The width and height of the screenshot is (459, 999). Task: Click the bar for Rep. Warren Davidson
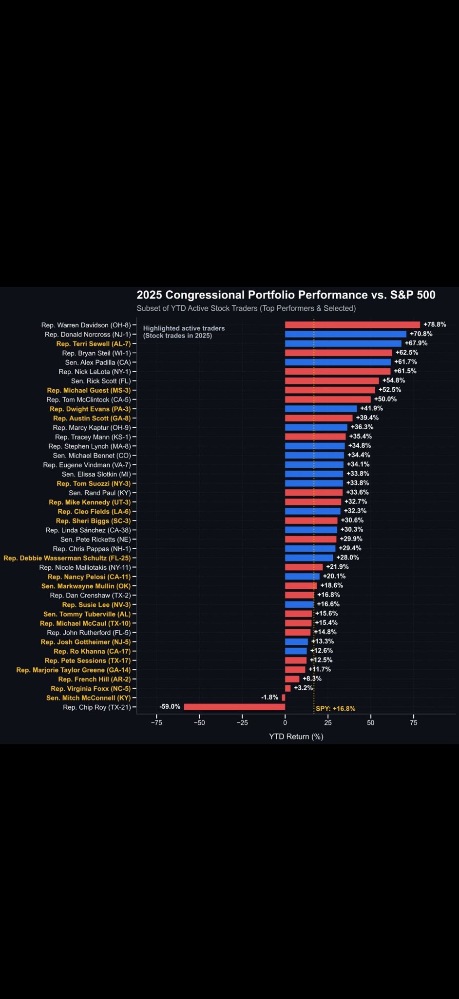point(352,325)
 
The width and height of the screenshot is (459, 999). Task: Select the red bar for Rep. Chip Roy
point(234,707)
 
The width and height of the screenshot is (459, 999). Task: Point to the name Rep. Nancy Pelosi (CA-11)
point(89,577)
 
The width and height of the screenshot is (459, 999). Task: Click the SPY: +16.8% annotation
point(335,709)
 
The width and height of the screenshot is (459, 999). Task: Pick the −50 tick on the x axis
point(199,722)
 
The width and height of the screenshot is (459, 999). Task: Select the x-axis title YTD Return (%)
point(296,737)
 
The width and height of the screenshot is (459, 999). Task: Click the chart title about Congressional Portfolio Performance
point(286,295)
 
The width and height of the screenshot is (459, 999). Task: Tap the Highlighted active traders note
point(184,332)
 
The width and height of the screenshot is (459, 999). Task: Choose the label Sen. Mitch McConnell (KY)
point(88,698)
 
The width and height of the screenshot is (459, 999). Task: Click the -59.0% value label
point(170,707)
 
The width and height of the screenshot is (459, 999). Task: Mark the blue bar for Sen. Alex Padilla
point(338,362)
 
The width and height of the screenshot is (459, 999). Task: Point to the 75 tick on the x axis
point(414,722)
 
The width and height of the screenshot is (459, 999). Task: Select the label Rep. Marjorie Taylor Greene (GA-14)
point(73,670)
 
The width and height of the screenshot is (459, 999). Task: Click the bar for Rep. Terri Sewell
point(343,343)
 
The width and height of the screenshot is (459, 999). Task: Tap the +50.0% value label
point(385,399)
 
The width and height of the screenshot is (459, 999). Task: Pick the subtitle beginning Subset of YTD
point(246,308)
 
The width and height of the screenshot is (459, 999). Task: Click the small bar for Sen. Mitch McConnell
point(283,698)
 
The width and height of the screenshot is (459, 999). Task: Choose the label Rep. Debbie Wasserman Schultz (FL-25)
point(67,558)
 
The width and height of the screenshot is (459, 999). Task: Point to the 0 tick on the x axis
point(285,722)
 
